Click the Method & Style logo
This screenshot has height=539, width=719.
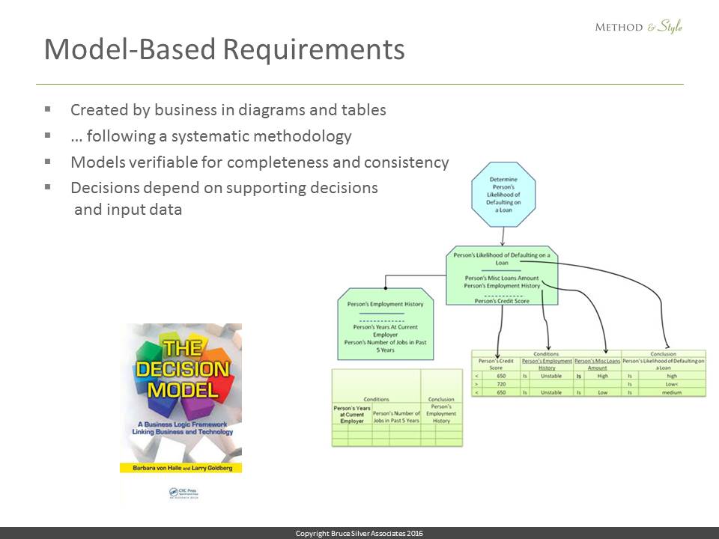click(x=638, y=28)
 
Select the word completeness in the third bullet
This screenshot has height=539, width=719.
click(x=315, y=162)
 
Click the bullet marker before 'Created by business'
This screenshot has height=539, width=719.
click(x=48, y=109)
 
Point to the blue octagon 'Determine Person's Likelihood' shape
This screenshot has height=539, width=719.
click(x=503, y=194)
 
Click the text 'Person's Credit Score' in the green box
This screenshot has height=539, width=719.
click(x=502, y=300)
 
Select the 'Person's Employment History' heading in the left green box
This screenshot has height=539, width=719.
click(x=386, y=304)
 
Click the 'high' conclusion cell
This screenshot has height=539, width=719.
click(x=671, y=376)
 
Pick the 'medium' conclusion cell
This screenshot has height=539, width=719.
click(x=671, y=392)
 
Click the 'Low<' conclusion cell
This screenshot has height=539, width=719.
click(x=671, y=384)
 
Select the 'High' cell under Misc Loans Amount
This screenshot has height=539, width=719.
click(x=603, y=376)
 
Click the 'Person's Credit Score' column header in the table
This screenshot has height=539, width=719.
click(x=496, y=364)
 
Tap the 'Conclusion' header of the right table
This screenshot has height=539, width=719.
click(x=664, y=354)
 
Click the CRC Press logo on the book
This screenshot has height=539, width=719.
click(x=179, y=492)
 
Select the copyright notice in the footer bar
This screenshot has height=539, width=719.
click(x=359, y=533)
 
